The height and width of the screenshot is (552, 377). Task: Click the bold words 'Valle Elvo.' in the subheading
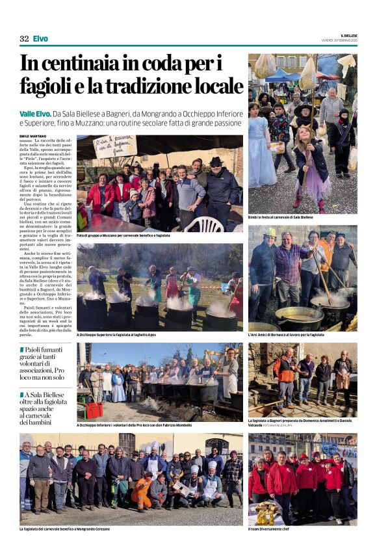point(41,114)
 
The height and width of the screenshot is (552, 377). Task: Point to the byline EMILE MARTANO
point(34,136)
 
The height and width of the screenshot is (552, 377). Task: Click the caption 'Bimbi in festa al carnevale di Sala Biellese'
point(280,217)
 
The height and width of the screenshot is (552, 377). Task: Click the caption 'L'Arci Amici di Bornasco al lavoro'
point(286,335)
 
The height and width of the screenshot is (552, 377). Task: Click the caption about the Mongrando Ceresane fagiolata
point(65,529)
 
